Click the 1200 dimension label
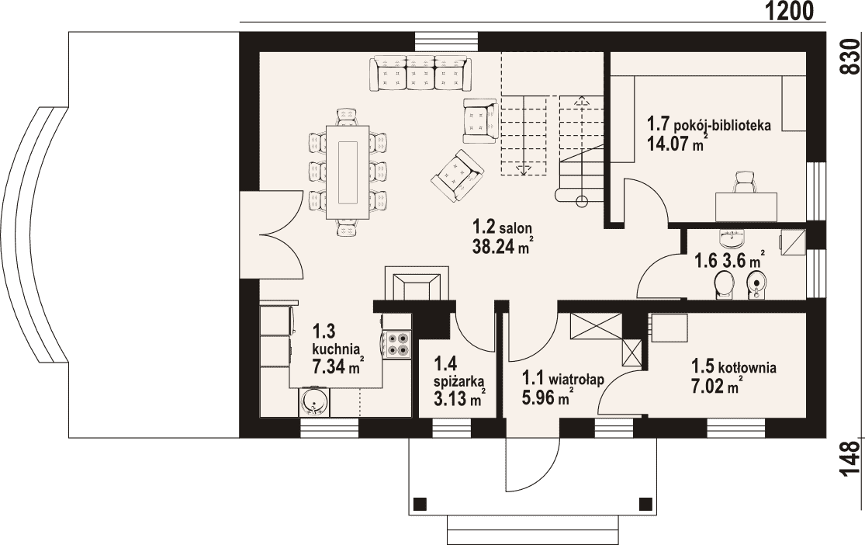pos(790,11)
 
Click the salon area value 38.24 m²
pos(503,245)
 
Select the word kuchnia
pos(337,349)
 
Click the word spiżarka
pos(459,380)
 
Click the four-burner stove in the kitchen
pos(397,343)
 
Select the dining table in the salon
pos(348,172)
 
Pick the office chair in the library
pos(746,182)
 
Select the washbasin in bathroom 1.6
pos(732,238)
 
